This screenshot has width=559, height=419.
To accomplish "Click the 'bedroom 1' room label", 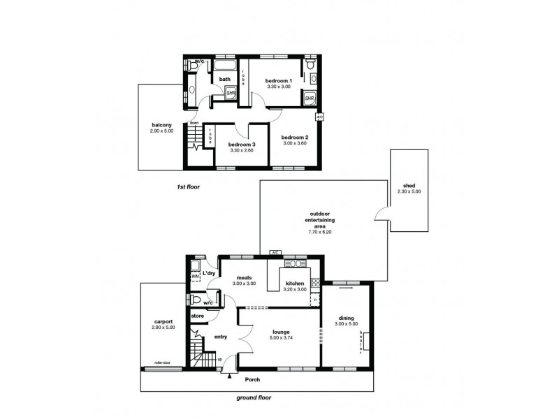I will [278, 81].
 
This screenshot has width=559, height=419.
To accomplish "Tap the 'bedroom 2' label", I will [295, 138].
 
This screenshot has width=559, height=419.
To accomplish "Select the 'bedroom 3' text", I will [242, 145].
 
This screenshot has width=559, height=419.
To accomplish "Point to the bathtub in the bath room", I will [225, 67].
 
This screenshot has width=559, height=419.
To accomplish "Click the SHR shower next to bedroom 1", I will [310, 99].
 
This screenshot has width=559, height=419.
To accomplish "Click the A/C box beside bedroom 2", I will [319, 117].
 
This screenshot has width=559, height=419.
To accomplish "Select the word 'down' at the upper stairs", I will [194, 123].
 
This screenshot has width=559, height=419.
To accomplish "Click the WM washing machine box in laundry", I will [195, 278].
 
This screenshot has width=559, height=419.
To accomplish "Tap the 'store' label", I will [197, 316].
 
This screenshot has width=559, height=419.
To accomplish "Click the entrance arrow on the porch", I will [231, 378].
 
